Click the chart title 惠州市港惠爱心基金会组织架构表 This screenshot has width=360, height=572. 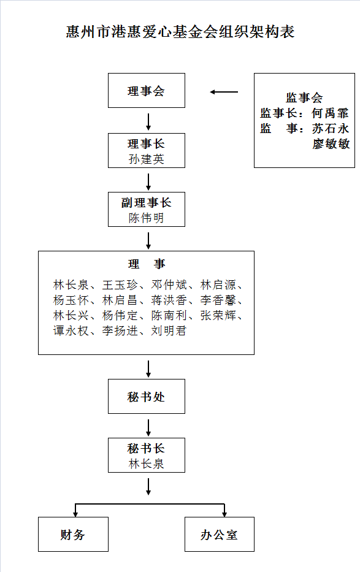click(x=180, y=32)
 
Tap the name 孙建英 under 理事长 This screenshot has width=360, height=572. click(x=146, y=159)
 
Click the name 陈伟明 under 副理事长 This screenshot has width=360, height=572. click(x=146, y=218)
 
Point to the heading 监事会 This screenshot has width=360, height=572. click(x=304, y=97)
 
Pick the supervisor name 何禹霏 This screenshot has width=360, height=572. click(x=331, y=113)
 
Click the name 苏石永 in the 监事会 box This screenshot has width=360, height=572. click(x=331, y=128)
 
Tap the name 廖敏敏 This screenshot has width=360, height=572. click(x=331, y=143)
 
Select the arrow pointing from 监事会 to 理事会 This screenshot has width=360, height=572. click(x=224, y=92)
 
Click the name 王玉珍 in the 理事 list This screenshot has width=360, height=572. click(x=120, y=284)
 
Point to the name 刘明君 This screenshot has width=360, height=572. click(x=169, y=330)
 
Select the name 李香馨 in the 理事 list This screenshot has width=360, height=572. click(x=218, y=300)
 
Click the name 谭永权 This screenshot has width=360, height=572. click(x=71, y=330)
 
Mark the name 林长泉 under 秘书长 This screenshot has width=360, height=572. click(x=146, y=463)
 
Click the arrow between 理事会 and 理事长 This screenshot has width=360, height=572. click(x=148, y=122)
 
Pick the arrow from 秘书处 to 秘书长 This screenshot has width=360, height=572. click(x=148, y=427)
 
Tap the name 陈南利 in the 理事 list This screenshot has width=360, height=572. click(x=169, y=315)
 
